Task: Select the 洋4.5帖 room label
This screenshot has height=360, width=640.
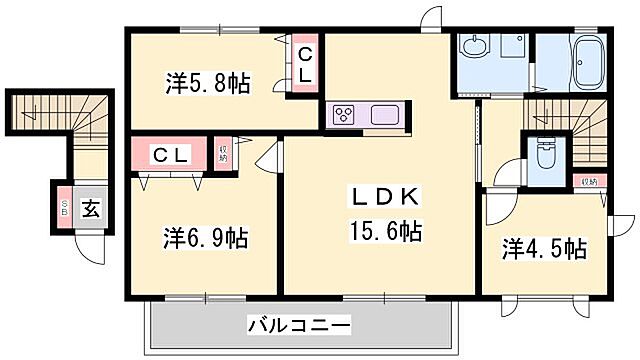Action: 544,248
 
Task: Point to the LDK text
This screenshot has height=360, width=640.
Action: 379,196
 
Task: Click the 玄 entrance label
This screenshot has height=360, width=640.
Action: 90,209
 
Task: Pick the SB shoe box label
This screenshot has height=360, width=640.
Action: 64,210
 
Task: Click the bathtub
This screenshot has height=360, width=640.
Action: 587,63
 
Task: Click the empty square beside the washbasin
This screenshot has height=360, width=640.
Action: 515,47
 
